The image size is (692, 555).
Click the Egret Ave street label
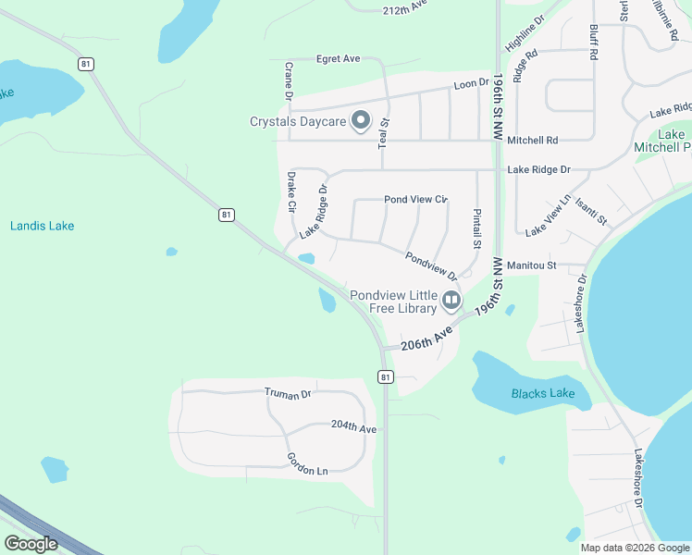pos(338,58)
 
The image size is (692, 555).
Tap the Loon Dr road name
pos(471,84)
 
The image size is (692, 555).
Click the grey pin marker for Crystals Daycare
pos(362,121)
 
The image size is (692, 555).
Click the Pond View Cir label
pos(415,199)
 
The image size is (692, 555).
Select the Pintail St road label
pos(477,228)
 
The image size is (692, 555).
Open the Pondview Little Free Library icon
pos(451,300)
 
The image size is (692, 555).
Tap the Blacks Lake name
pos(543,393)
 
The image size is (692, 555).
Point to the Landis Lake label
pos(42,226)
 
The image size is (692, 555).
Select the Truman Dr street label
pos(288,394)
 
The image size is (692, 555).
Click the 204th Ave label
pos(354,428)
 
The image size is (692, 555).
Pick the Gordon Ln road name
pos(307,464)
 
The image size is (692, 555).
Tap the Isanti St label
pos(590,212)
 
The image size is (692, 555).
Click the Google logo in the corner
pos(31,544)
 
